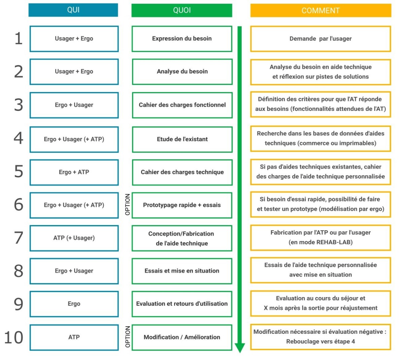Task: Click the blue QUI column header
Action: [x=73, y=10]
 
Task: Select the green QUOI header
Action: [x=182, y=10]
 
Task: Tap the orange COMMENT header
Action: [x=321, y=10]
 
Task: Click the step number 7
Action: [x=19, y=237]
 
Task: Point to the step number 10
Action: [x=13, y=337]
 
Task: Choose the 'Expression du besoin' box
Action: [x=182, y=39]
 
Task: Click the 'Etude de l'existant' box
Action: [x=182, y=139]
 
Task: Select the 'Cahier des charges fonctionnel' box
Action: [x=182, y=105]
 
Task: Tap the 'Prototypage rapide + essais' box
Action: [x=182, y=205]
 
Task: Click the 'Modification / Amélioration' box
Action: [x=182, y=337]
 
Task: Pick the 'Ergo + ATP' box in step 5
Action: [x=74, y=172]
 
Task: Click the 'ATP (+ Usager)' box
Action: [x=74, y=238]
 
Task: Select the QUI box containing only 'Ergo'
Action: [x=74, y=304]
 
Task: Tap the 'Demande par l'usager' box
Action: [x=321, y=39]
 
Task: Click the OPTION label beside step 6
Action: [x=128, y=204]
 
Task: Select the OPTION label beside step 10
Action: [x=128, y=337]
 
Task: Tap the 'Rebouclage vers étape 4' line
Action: [x=321, y=341]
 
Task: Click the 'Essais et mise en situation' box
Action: [x=182, y=271]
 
